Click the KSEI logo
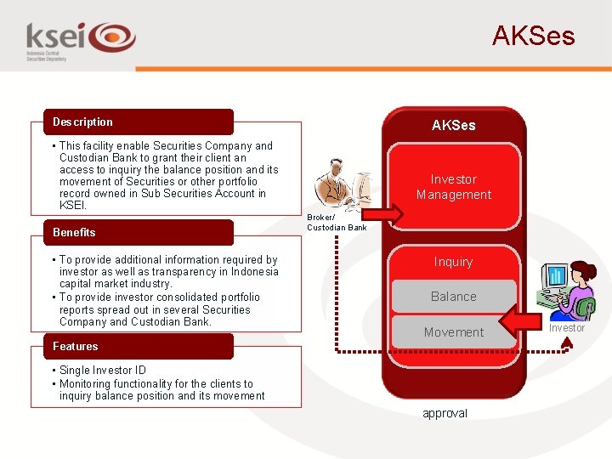pyautogui.click(x=81, y=39)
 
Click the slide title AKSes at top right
pyautogui.click(x=533, y=37)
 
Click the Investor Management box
pyautogui.click(x=453, y=187)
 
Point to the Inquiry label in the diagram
pyautogui.click(x=453, y=262)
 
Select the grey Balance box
pyautogui.click(x=453, y=297)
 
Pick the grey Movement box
pyautogui.click(x=453, y=332)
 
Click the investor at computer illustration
pyautogui.click(x=568, y=289)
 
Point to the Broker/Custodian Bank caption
pyautogui.click(x=336, y=222)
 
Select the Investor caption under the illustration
pyautogui.click(x=566, y=328)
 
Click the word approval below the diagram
pyautogui.click(x=445, y=414)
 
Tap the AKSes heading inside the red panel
pyautogui.click(x=453, y=125)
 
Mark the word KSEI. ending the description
pyautogui.click(x=73, y=206)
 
